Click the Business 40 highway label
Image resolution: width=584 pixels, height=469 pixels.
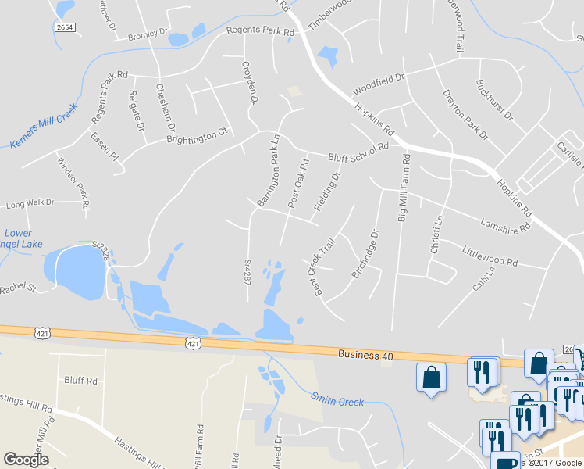click(x=365, y=355)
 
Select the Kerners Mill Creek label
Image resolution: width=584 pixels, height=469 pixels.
click(x=44, y=125)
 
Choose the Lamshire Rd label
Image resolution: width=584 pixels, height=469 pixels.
click(x=506, y=226)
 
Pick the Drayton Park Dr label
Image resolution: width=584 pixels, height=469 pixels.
click(x=465, y=113)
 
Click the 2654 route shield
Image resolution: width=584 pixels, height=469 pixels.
click(x=65, y=27)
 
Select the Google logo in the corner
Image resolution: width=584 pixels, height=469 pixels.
click(x=26, y=460)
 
